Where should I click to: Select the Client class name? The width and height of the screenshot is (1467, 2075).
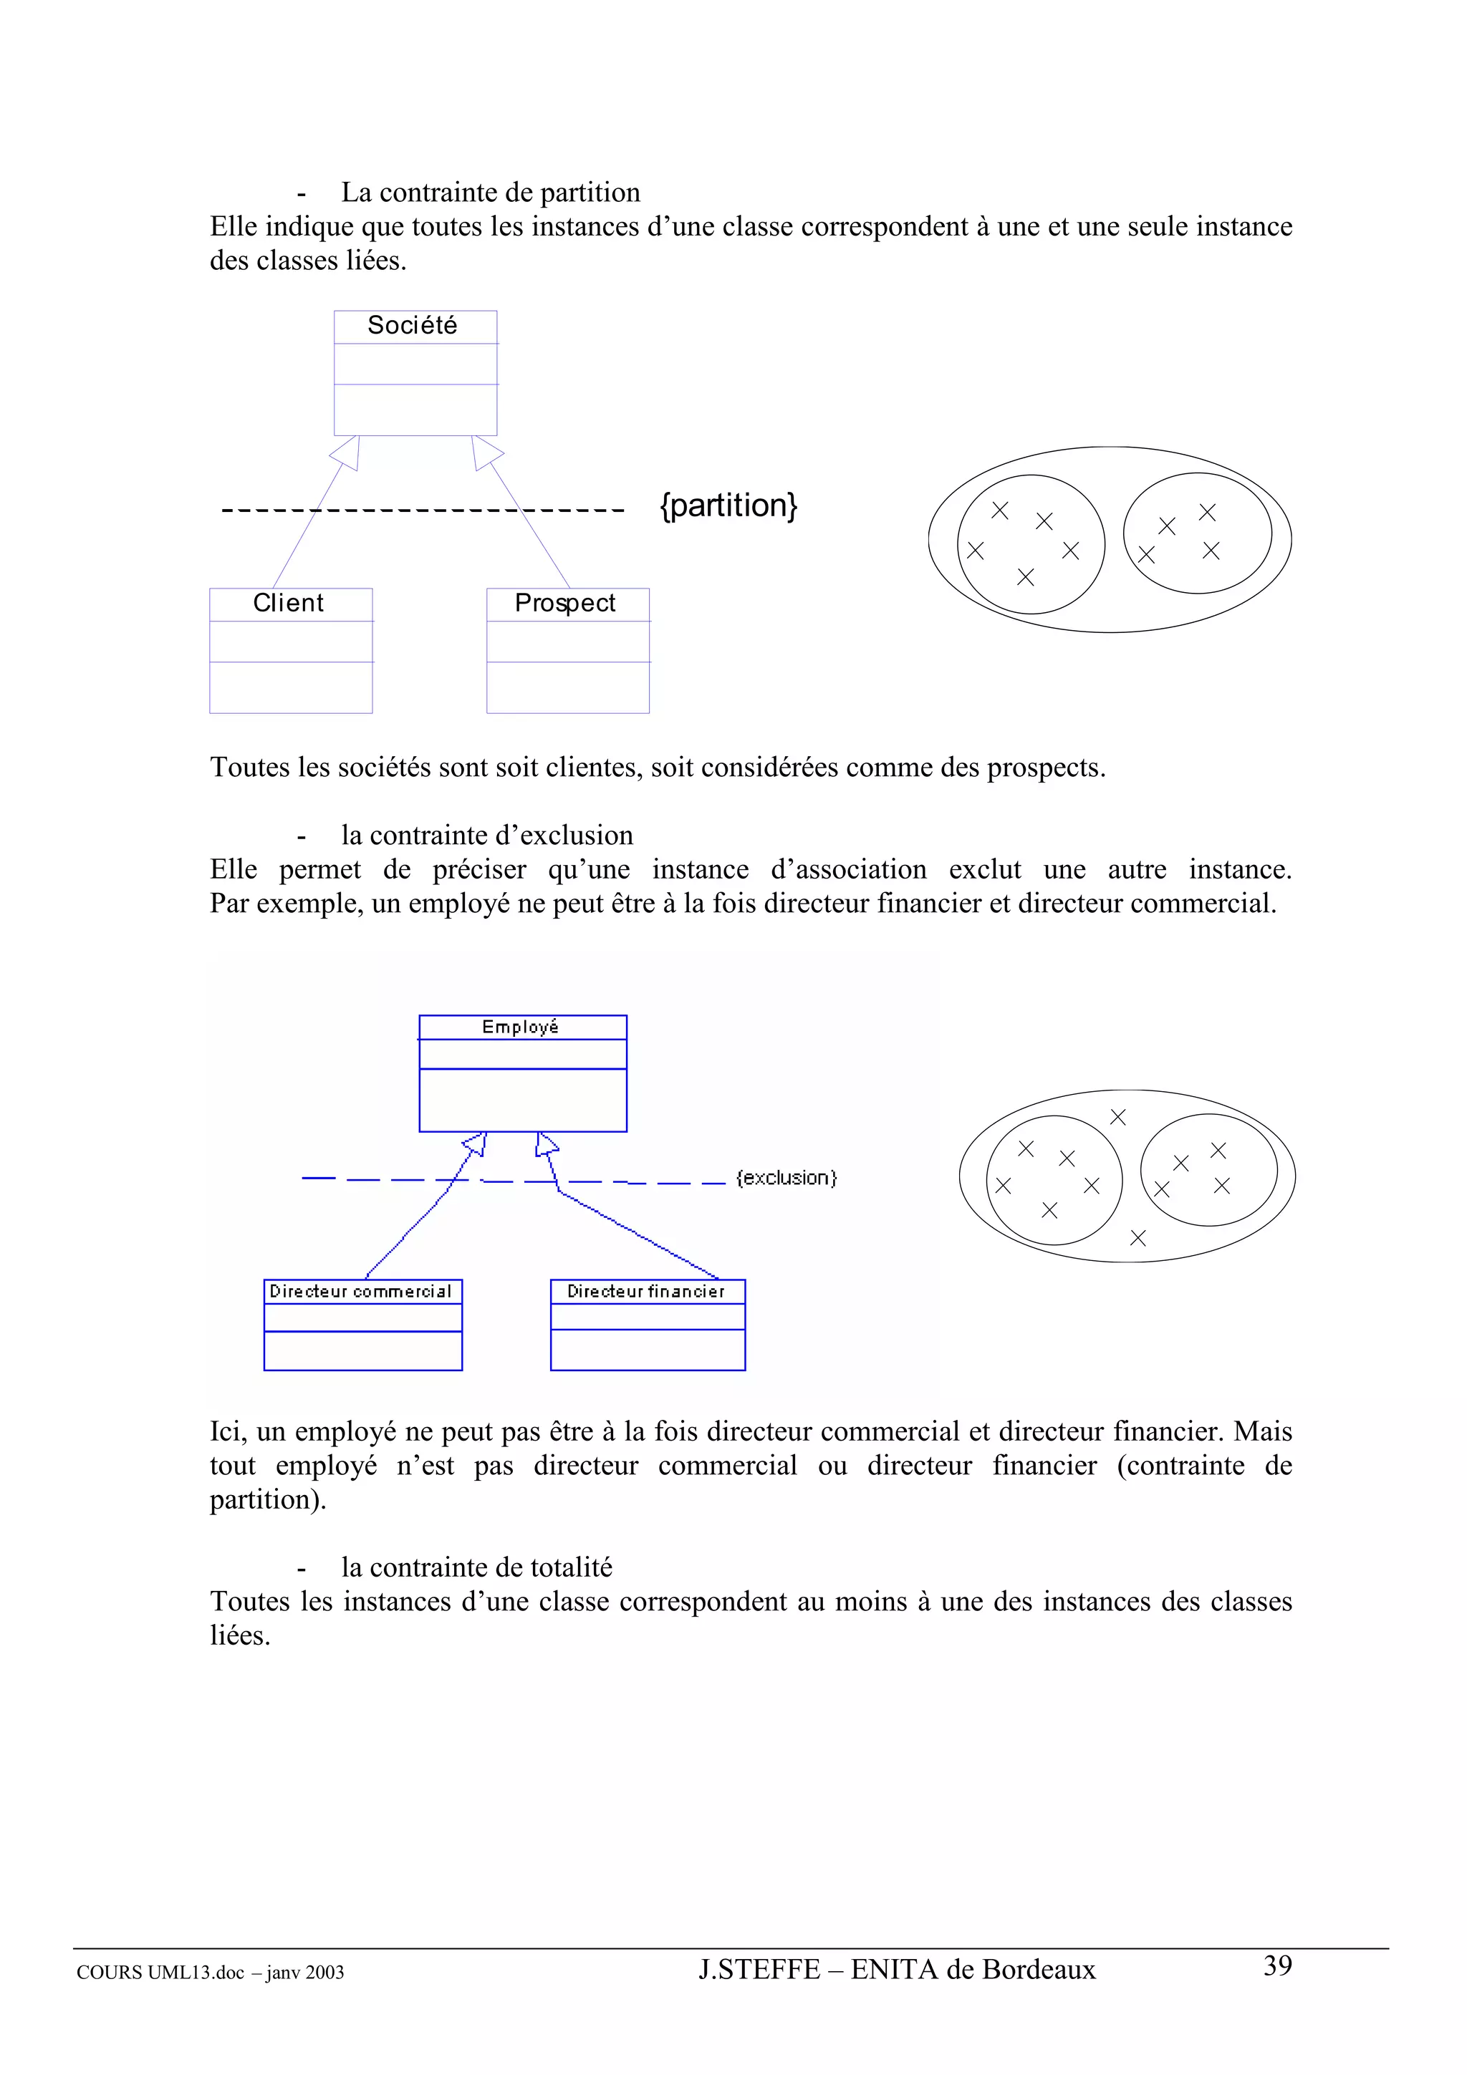tap(289, 603)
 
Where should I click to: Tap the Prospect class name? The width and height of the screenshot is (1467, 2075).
tap(565, 603)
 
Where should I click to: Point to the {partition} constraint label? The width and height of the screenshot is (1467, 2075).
tap(728, 506)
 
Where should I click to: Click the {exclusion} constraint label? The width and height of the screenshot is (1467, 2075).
tap(787, 1178)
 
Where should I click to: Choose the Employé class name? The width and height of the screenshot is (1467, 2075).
tap(521, 1027)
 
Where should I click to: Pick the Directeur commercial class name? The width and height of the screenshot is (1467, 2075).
tap(360, 1292)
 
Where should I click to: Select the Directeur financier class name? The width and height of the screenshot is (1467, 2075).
tap(646, 1292)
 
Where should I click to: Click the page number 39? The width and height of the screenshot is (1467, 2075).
tap(1277, 1965)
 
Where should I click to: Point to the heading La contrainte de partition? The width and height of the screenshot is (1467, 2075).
tap(490, 193)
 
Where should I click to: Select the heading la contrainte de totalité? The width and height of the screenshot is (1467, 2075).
tap(476, 1567)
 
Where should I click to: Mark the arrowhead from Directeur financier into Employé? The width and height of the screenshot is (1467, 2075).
tap(545, 1145)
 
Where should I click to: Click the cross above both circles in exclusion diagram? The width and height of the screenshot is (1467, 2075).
tap(1118, 1117)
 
